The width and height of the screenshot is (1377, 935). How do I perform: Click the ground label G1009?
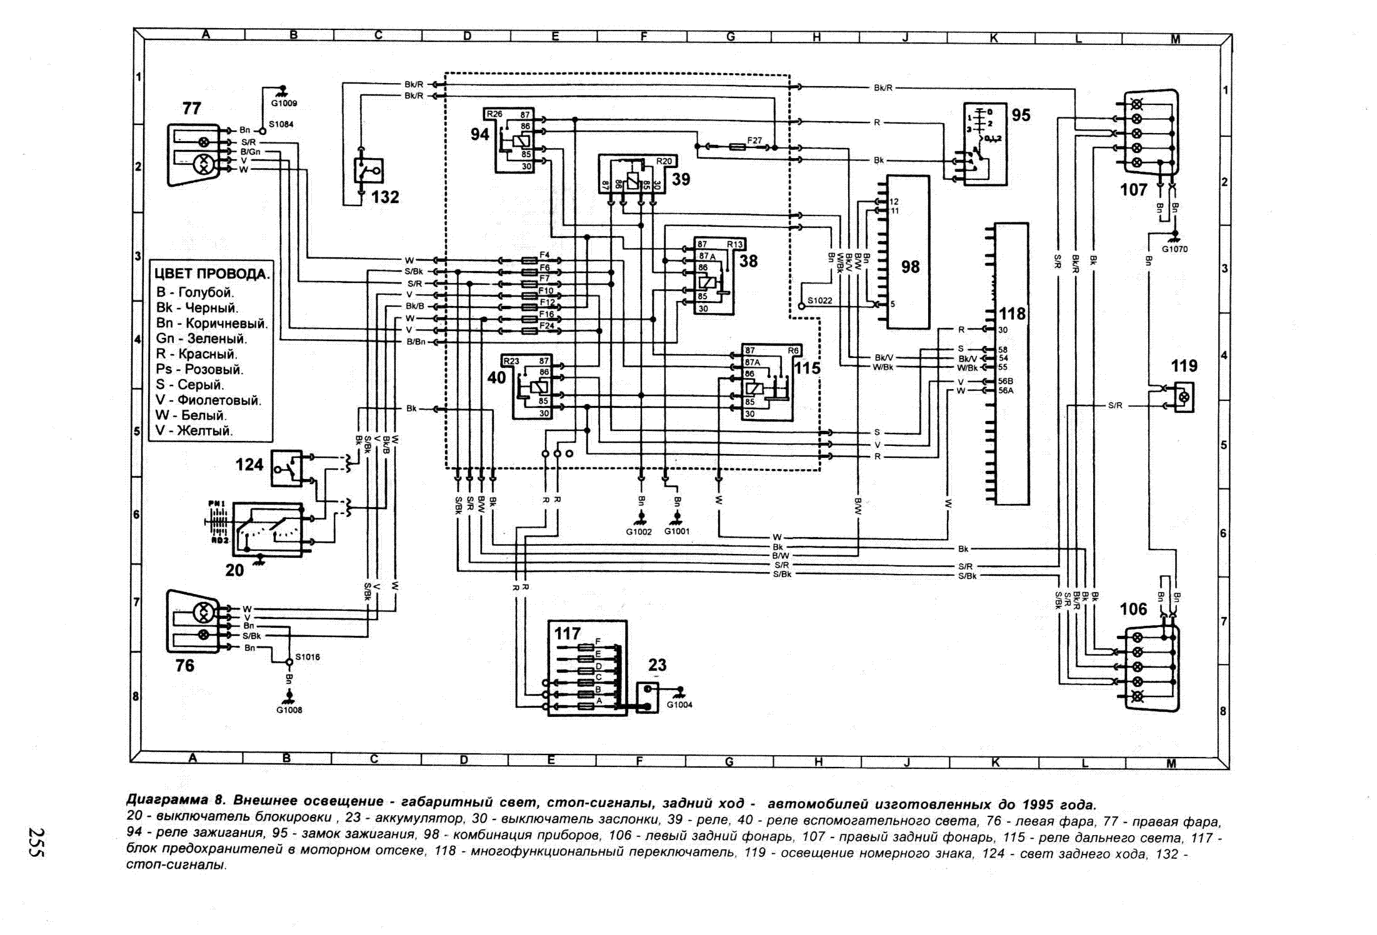coord(284,103)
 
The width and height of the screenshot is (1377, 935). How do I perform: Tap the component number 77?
coord(192,108)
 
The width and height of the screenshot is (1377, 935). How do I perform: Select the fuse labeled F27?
coord(754,141)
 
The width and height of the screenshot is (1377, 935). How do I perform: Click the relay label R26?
coord(494,114)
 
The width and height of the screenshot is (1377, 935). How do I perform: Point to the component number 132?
coord(385,197)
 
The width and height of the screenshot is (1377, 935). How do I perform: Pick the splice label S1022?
coord(819,300)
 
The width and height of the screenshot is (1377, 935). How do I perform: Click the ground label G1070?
coord(1174,249)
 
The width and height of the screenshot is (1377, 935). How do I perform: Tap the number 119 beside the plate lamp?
coord(1184,366)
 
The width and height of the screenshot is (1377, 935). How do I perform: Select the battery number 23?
coord(658,665)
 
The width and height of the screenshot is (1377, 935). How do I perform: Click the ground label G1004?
coord(679,705)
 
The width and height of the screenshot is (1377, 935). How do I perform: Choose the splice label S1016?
coord(308,657)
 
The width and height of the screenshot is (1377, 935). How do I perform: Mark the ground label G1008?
coord(289,710)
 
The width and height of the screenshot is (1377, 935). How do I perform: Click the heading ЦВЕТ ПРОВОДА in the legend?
coord(212,274)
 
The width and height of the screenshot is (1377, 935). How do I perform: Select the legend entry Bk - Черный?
coord(197,307)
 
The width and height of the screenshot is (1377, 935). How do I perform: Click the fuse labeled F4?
coord(544,255)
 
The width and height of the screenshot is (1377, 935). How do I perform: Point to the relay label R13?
coord(734,244)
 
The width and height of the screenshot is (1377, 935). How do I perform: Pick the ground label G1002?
coord(639,532)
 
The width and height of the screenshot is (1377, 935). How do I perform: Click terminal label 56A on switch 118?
coord(1006,390)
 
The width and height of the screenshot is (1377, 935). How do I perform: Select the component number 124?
coord(249,465)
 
